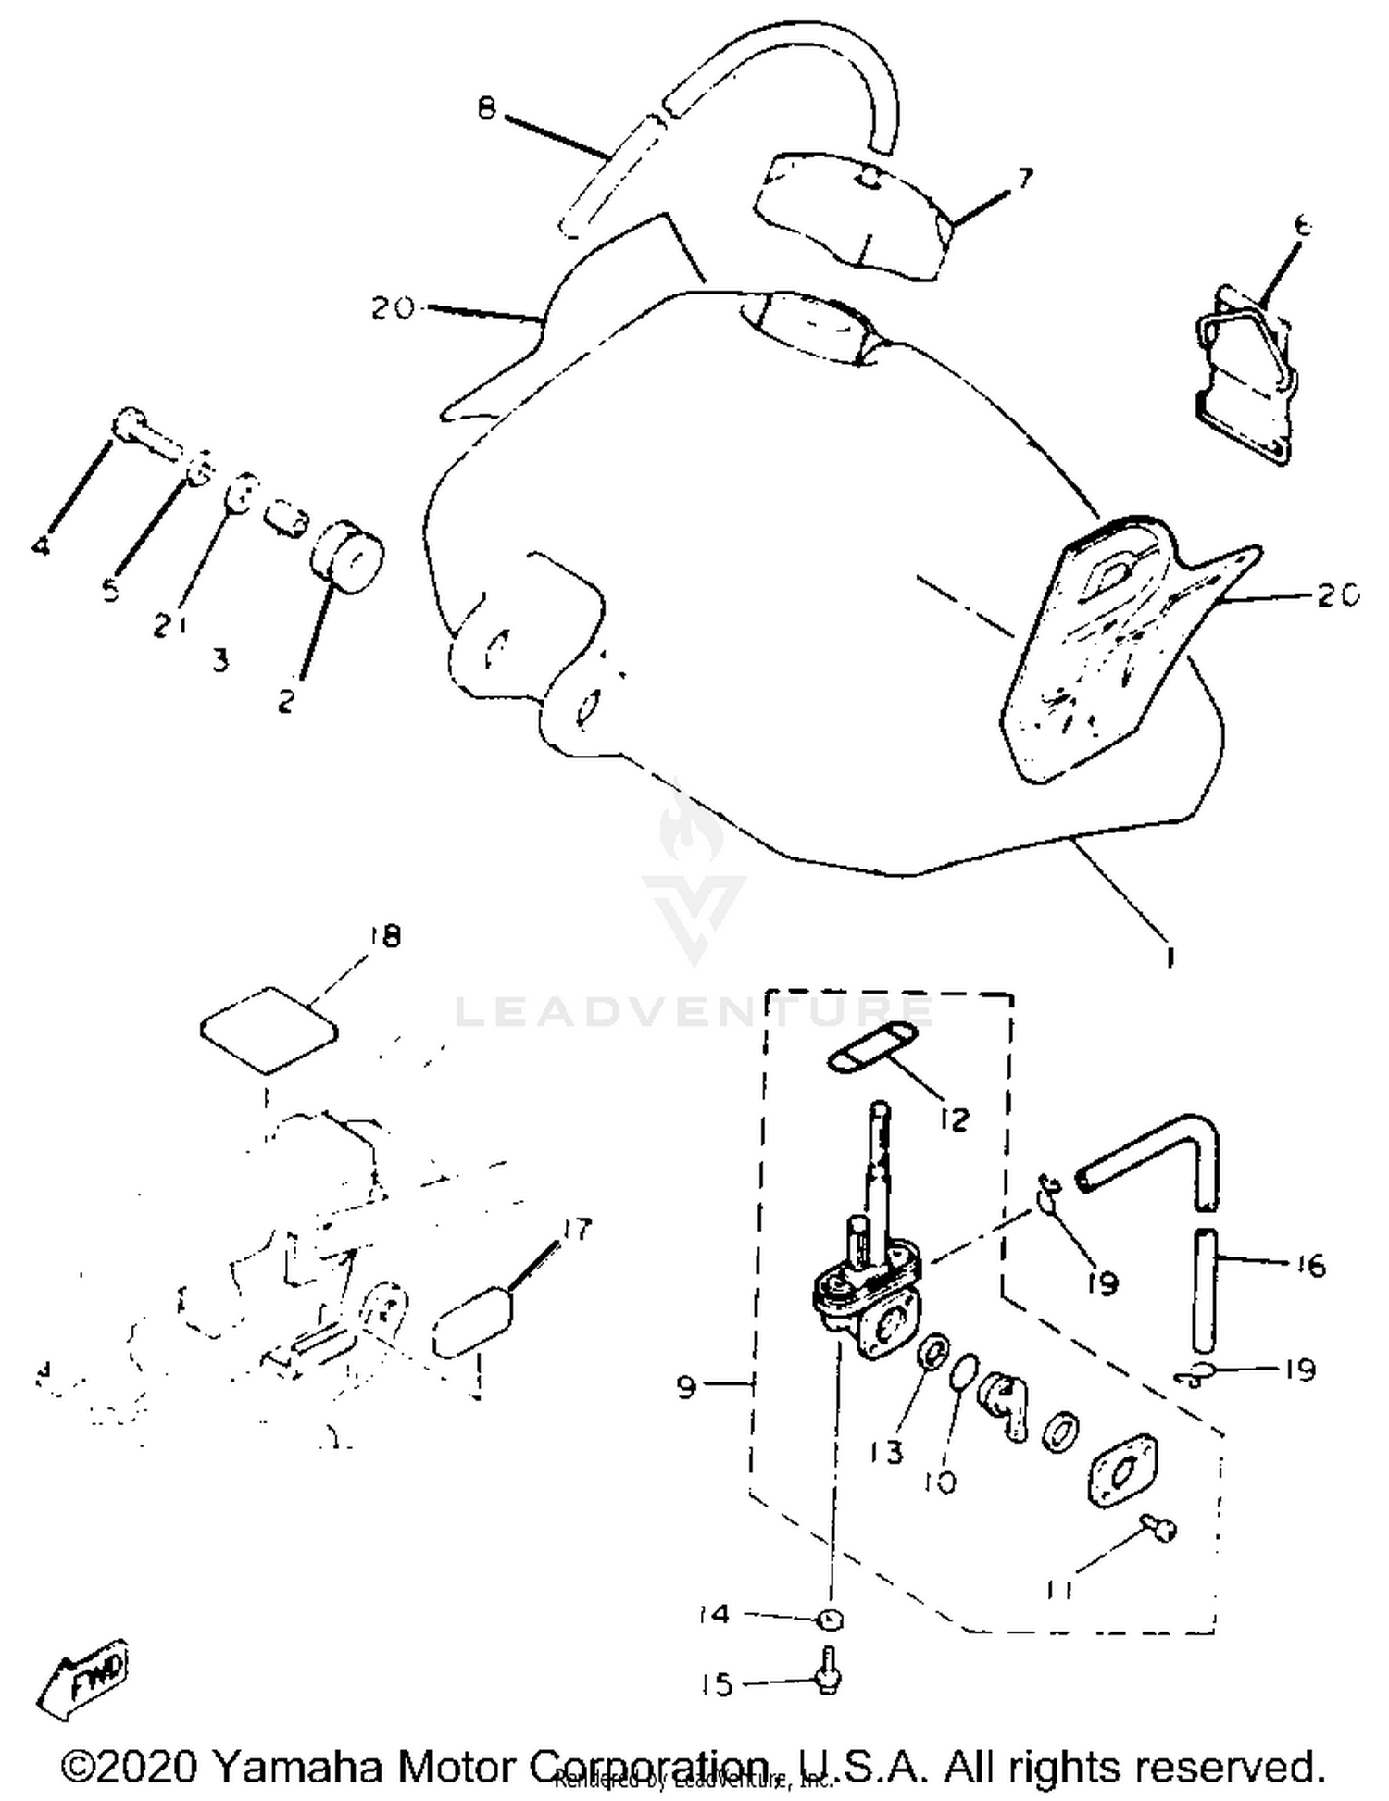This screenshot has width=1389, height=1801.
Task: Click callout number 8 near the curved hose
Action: click(487, 109)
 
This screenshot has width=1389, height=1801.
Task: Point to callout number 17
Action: click(575, 1229)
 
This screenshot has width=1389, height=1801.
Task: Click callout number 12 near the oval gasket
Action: click(953, 1119)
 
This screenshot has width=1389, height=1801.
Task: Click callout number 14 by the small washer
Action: click(715, 1614)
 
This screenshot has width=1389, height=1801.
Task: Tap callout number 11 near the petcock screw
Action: click(1058, 1589)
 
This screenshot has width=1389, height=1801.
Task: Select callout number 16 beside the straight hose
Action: click(1306, 1264)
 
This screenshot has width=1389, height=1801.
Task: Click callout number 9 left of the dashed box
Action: click(686, 1387)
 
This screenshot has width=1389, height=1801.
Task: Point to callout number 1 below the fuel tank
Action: click(1170, 956)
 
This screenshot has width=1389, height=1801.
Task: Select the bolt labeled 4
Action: click(148, 432)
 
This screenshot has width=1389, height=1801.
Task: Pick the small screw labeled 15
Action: click(827, 1677)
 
